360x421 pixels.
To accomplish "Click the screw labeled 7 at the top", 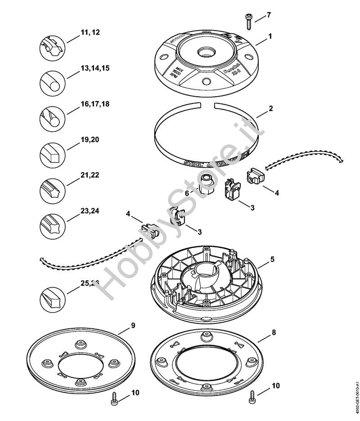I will pos(247,18).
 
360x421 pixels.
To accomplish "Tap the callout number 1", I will pos(270,35).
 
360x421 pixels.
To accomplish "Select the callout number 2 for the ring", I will pos(270,108).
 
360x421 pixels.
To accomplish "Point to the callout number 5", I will pos(272,260).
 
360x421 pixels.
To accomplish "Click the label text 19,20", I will pos(90,139).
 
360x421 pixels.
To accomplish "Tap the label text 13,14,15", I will pos(95,68).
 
